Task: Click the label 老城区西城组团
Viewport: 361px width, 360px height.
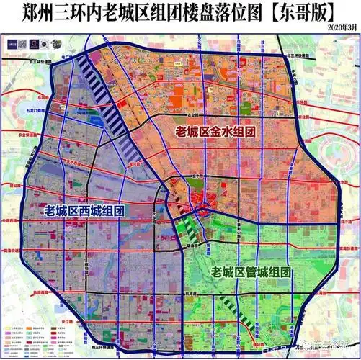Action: pos(84,211)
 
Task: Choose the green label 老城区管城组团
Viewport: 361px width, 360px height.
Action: pos(250,272)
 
